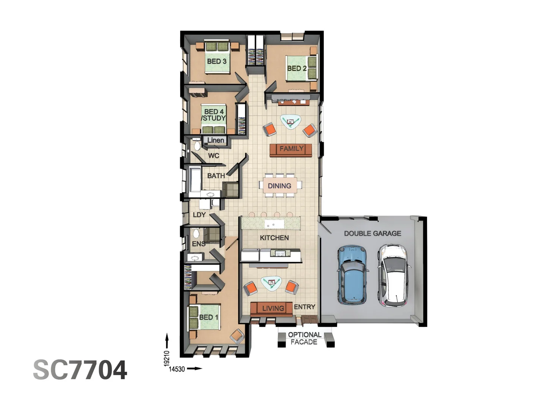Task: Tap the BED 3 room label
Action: point(217,61)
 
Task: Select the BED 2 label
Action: point(297,68)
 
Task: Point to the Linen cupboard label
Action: point(216,140)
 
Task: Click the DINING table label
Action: point(279,186)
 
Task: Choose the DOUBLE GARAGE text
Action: point(372,234)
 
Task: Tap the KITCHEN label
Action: point(274,238)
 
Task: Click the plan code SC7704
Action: point(80,370)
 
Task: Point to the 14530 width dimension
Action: point(177,369)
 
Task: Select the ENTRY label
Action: point(304,307)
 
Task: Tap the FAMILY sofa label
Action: point(291,149)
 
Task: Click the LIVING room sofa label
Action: point(273,308)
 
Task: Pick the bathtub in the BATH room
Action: point(195,179)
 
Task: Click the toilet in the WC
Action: point(196,144)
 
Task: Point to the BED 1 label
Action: point(208,317)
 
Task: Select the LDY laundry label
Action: point(199,215)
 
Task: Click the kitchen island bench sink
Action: point(270,225)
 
